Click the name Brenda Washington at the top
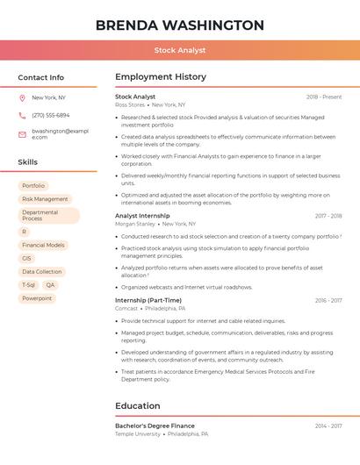coord(179,25)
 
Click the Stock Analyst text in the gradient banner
coord(179,51)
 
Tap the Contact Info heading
coord(41,77)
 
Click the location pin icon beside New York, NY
coord(22,98)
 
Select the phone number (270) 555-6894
coord(51,115)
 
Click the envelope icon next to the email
coord(22,134)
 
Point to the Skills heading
coord(28,162)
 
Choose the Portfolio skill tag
coord(33,186)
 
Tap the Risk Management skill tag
coord(45,199)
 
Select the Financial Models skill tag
coord(43,246)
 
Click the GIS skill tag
coord(26,259)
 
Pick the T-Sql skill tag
coord(28,285)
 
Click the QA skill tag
coord(50,285)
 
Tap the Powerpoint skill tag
coord(37,298)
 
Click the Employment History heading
coord(161,77)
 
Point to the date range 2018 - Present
coord(324,97)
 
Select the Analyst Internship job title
coord(142,216)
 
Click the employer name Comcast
coord(126,309)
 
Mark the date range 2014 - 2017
coord(328,426)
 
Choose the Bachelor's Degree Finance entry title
coord(155,426)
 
